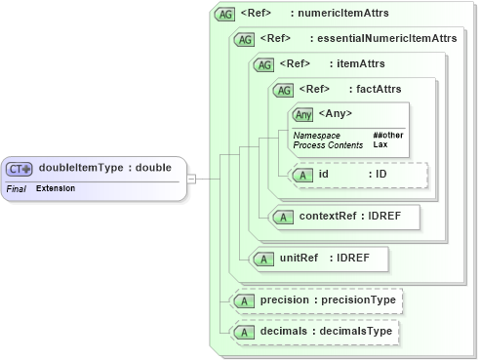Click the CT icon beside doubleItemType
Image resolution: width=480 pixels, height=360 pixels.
(x=20, y=168)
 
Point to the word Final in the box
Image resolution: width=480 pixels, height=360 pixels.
(x=16, y=187)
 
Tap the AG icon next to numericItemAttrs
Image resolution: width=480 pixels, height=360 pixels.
(x=225, y=15)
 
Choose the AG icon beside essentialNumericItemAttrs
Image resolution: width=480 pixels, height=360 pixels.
(x=243, y=39)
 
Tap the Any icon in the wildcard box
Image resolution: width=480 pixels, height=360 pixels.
(x=303, y=114)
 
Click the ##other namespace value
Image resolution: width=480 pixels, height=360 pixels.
(x=388, y=135)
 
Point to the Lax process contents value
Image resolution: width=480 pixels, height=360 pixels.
(x=380, y=144)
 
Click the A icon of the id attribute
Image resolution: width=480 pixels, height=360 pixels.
(x=303, y=175)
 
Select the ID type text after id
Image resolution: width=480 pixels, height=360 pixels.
(x=381, y=175)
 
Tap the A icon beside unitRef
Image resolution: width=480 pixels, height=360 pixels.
(x=262, y=259)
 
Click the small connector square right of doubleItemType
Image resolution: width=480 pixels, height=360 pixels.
(x=192, y=179)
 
